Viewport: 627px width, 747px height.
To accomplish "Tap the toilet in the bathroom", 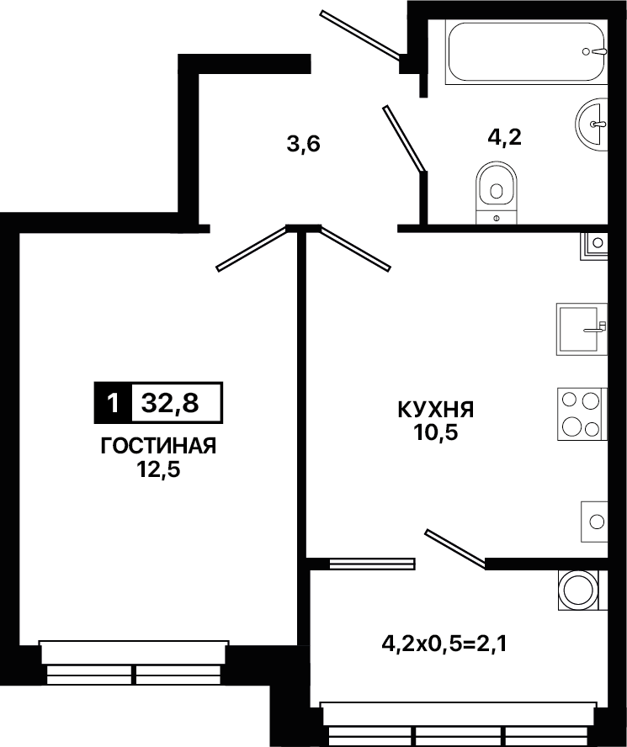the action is tap(497, 193).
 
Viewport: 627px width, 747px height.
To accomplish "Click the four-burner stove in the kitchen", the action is tap(582, 414).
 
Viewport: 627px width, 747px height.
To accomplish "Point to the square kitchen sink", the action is tap(582, 329).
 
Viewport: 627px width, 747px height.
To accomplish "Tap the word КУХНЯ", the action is tap(436, 411).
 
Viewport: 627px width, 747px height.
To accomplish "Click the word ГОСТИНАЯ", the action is tap(158, 447).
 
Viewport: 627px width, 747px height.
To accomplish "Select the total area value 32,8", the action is tap(170, 403).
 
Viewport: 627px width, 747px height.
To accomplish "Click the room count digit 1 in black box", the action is tap(113, 403).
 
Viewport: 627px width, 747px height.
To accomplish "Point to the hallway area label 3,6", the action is tap(303, 143).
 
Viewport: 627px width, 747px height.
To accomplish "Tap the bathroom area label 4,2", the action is tap(504, 137).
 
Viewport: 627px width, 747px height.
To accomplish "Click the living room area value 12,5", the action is tap(158, 470).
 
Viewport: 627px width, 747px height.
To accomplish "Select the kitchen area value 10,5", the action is tap(436, 433).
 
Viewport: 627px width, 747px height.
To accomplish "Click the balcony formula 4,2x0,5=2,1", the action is tap(444, 644).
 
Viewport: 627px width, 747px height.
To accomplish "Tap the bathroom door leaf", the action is tap(404, 138).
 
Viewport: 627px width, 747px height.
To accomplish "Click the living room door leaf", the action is tap(252, 248).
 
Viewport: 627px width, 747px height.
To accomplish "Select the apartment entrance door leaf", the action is tap(361, 34).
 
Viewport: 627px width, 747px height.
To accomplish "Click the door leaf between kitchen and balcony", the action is tap(455, 548).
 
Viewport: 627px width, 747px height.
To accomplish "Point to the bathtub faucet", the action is tap(595, 51).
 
